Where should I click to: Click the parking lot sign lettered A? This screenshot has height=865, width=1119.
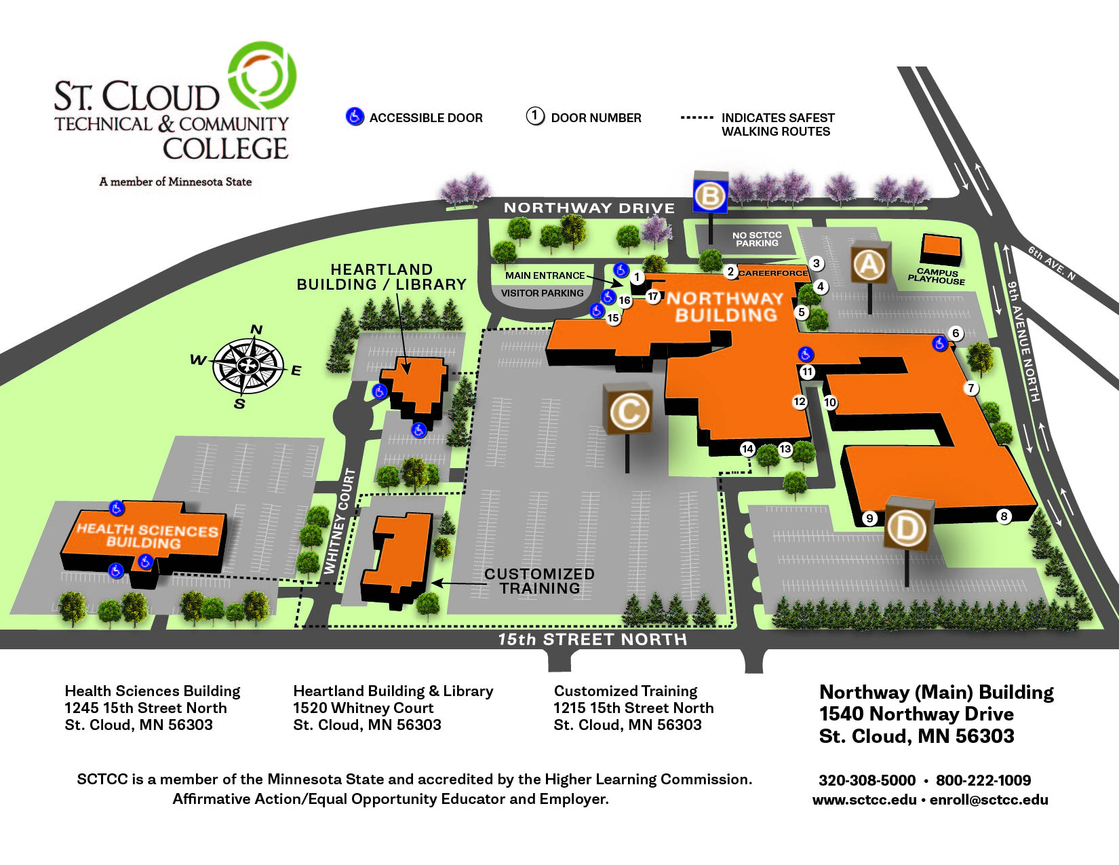pyautogui.click(x=869, y=264)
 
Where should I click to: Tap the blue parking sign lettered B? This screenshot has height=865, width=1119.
pyautogui.click(x=710, y=196)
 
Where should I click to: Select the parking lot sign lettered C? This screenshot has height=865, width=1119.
pyautogui.click(x=628, y=410)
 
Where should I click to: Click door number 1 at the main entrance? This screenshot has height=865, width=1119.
pyautogui.click(x=636, y=277)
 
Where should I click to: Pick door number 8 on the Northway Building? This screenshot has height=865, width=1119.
pyautogui.click(x=1004, y=516)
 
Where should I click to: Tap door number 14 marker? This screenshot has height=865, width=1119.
pyautogui.click(x=747, y=448)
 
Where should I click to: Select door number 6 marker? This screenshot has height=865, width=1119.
pyautogui.click(x=956, y=333)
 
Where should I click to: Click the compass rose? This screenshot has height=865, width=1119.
pyautogui.click(x=248, y=366)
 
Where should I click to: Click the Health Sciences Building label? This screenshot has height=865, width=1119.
pyautogui.click(x=146, y=535)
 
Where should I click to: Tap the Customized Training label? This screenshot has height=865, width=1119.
pyautogui.click(x=540, y=581)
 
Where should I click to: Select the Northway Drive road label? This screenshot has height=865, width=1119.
pyautogui.click(x=589, y=208)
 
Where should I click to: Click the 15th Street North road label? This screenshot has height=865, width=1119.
pyautogui.click(x=592, y=639)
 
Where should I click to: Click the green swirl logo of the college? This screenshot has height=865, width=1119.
pyautogui.click(x=262, y=75)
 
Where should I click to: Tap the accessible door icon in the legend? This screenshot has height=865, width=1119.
pyautogui.click(x=355, y=117)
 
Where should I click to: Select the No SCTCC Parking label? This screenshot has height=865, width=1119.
pyautogui.click(x=757, y=239)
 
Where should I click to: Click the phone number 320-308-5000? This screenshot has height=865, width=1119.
pyautogui.click(x=867, y=780)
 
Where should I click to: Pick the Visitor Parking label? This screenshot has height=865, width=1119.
pyautogui.click(x=542, y=293)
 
